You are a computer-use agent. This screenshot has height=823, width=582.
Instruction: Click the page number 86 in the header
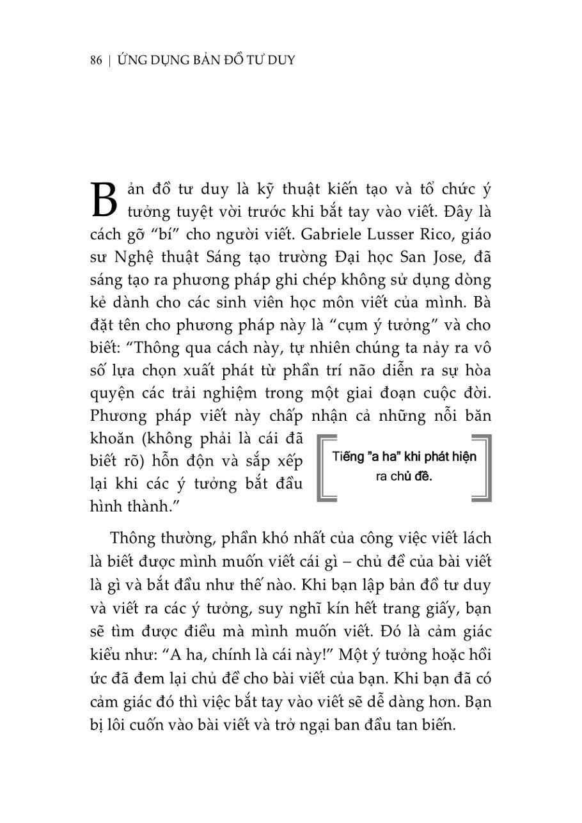coord(97,61)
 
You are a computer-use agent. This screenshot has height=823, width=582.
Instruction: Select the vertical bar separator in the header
coord(111,61)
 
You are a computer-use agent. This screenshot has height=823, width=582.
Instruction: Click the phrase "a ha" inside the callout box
coord(380,457)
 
